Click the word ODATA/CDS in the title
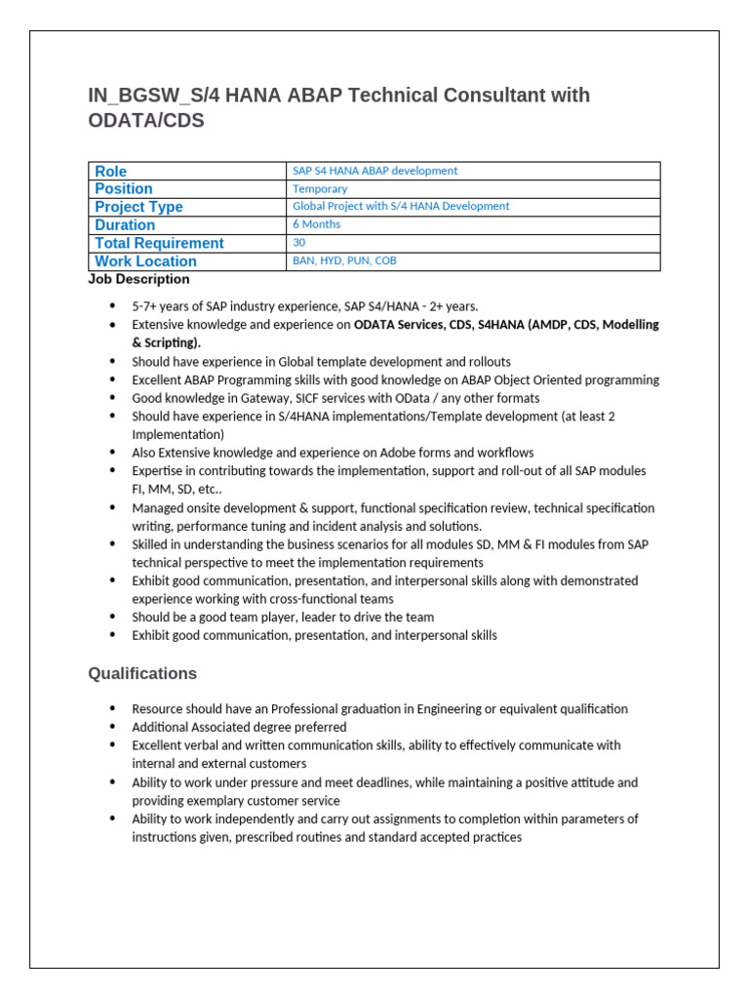click(146, 121)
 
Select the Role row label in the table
click(110, 171)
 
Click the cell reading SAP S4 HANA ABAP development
click(374, 171)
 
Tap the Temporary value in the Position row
click(320, 188)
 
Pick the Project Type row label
click(138, 207)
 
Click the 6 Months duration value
click(316, 224)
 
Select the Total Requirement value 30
click(299, 242)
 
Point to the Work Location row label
click(145, 261)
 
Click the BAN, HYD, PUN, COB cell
click(344, 260)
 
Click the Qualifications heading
click(142, 674)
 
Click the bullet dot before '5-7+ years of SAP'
click(113, 306)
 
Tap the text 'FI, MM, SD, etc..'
click(177, 489)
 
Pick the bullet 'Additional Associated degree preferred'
click(239, 727)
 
